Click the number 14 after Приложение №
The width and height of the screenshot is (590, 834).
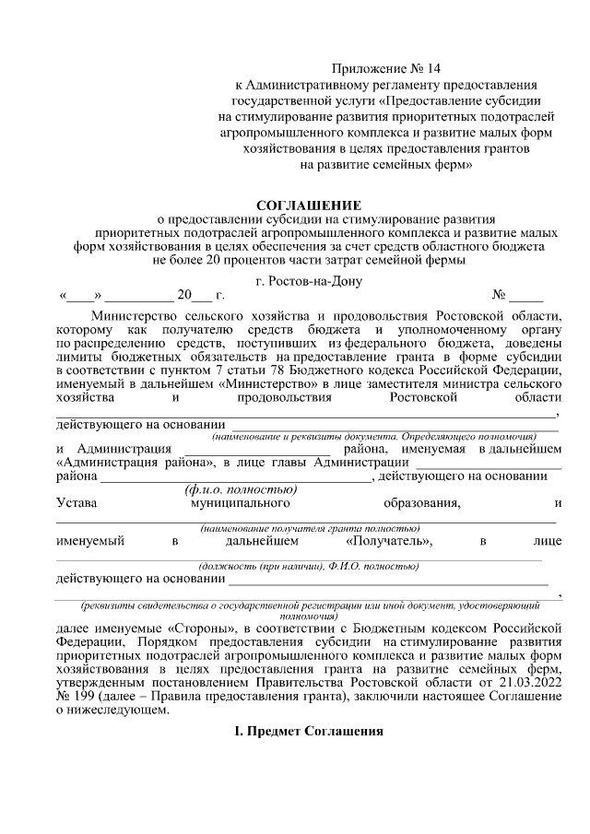[435, 69]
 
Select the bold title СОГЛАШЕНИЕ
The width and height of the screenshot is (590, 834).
[309, 204]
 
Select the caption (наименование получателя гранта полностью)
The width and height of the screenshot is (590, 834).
[311, 527]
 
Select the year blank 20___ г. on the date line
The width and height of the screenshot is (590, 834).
[201, 296]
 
